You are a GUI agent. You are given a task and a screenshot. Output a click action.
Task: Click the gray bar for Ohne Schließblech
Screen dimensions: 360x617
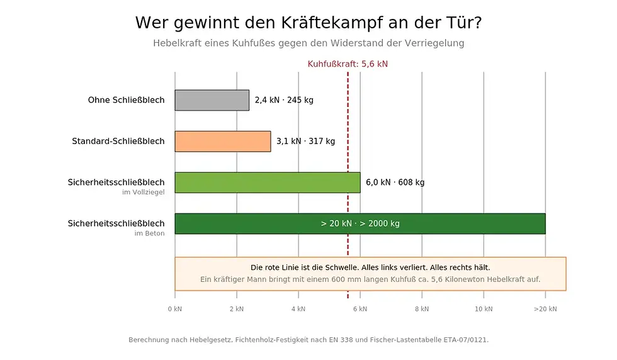pyautogui.click(x=212, y=101)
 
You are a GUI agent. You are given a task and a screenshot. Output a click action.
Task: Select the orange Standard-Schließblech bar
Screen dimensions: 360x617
pyautogui.click(x=222, y=142)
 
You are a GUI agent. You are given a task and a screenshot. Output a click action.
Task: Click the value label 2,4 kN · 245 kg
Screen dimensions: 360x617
pyautogui.click(x=284, y=100)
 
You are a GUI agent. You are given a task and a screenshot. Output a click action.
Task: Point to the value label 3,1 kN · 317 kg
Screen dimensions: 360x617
pyautogui.click(x=305, y=141)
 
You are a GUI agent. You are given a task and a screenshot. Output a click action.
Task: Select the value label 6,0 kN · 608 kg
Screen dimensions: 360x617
pyautogui.click(x=395, y=183)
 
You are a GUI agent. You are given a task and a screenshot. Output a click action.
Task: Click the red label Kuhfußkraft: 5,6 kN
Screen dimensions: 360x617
pyautogui.click(x=348, y=64)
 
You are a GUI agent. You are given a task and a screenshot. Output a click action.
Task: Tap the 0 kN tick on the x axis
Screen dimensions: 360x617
pyautogui.click(x=174, y=309)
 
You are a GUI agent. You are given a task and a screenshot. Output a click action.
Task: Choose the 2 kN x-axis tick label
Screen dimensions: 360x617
pyautogui.click(x=236, y=309)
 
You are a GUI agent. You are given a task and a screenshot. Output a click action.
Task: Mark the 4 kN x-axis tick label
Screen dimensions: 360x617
pyautogui.click(x=298, y=309)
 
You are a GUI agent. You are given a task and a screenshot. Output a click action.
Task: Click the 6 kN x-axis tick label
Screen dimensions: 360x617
pyautogui.click(x=360, y=309)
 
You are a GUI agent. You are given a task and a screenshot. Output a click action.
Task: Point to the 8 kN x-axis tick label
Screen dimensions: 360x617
pyautogui.click(x=422, y=309)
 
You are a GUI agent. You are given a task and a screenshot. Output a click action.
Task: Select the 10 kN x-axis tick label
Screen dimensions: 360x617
pyautogui.click(x=484, y=309)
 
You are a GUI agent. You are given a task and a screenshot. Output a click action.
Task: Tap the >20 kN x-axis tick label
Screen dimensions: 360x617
pyautogui.click(x=545, y=309)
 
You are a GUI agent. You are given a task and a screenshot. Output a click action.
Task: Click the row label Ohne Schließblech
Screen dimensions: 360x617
pyautogui.click(x=126, y=100)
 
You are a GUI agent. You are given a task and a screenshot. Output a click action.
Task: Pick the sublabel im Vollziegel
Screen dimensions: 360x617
pyautogui.click(x=143, y=193)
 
